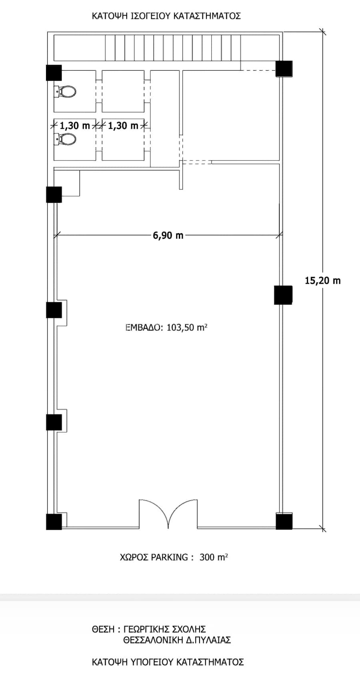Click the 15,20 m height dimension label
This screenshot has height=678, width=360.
(x=322, y=281)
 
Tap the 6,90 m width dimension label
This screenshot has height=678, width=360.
(x=168, y=235)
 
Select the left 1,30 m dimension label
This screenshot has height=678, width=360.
(x=75, y=125)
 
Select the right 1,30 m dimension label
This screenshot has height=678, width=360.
(x=123, y=125)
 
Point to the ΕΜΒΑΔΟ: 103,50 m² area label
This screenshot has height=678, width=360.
(x=166, y=327)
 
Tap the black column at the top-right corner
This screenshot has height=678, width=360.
(x=284, y=69)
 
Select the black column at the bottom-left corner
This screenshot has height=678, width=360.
(x=54, y=522)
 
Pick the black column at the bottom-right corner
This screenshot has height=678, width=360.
(x=284, y=521)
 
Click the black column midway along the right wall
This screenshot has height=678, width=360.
(x=283, y=295)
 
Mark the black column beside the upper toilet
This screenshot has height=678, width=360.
(x=54, y=73)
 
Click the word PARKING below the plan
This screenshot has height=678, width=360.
(x=169, y=557)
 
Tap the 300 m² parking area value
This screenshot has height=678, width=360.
(x=214, y=557)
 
